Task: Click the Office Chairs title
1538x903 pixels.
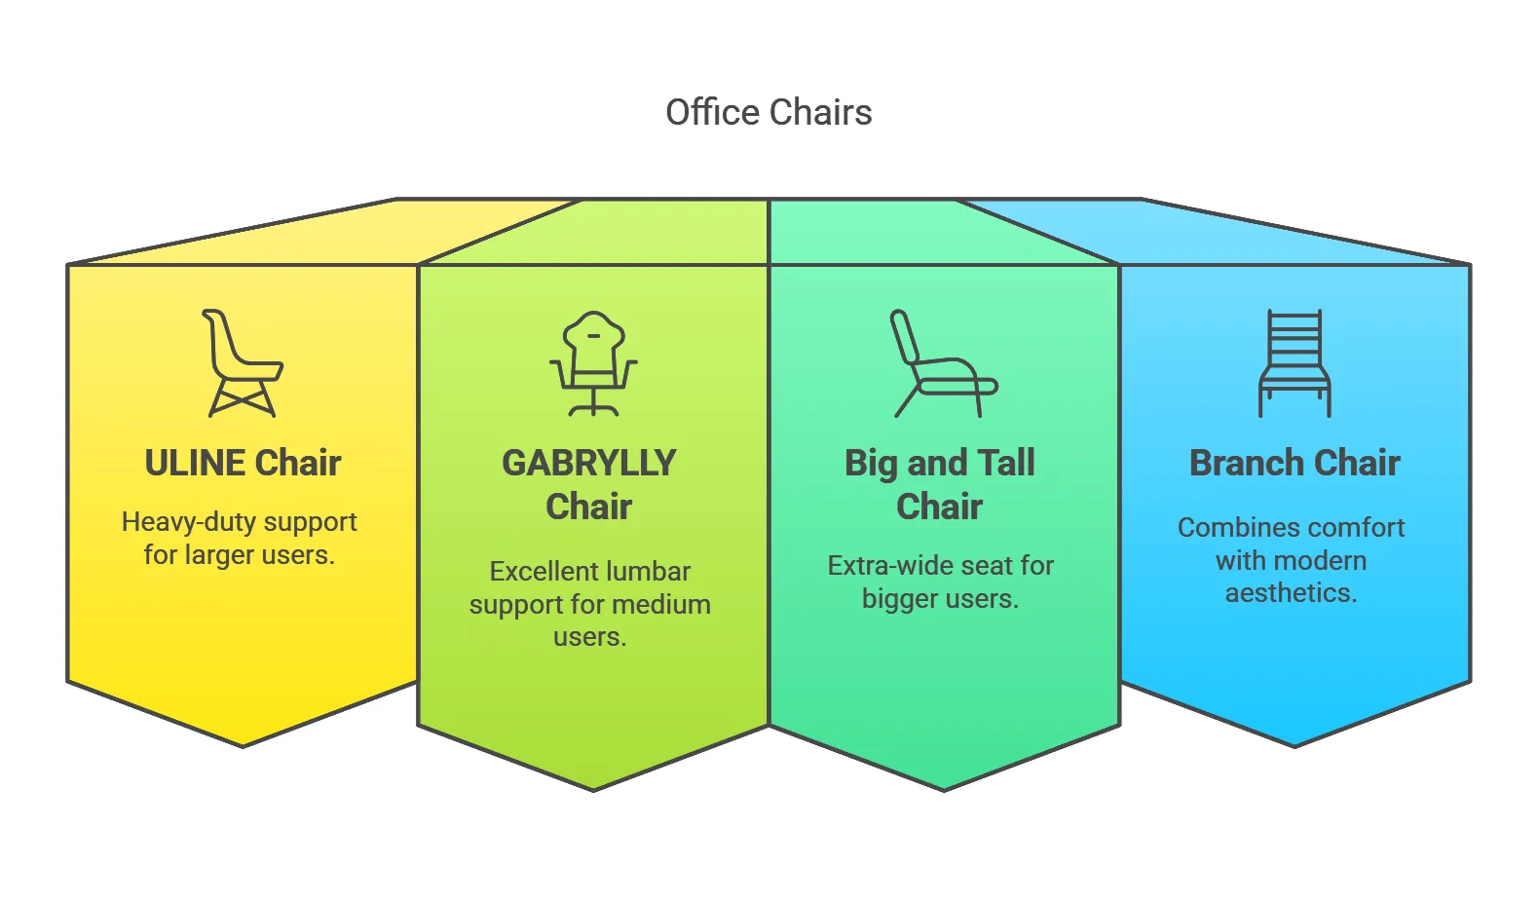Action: click(769, 112)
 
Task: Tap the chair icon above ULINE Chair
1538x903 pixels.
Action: click(243, 363)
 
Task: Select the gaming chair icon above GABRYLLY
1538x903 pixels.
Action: click(593, 363)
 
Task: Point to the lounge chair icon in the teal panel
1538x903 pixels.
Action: click(944, 363)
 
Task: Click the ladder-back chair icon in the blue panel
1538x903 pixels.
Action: click(1294, 363)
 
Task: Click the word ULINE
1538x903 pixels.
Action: click(195, 463)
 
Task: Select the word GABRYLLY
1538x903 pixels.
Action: click(589, 463)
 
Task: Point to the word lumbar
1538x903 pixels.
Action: click(647, 572)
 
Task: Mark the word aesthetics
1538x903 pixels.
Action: click(1291, 592)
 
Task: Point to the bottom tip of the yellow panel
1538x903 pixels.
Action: click(243, 746)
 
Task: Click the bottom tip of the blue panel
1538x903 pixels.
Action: click(1294, 746)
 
